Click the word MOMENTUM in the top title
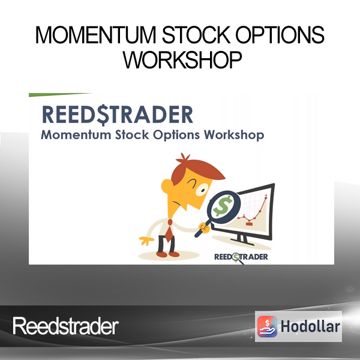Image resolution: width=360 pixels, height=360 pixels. (96, 35)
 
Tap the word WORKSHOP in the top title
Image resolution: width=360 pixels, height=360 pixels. (182, 59)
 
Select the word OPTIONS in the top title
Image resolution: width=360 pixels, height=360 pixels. (280, 35)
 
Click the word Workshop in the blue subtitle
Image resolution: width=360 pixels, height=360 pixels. (234, 135)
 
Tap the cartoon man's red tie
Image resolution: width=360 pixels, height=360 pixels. (169, 230)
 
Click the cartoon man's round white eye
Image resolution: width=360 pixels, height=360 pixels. (202, 190)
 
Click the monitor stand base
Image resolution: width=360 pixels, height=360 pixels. (242, 242)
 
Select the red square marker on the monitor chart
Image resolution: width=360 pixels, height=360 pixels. (249, 223)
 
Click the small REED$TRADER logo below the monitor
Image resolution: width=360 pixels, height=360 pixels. (241, 257)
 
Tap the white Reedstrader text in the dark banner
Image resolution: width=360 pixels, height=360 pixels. (65, 326)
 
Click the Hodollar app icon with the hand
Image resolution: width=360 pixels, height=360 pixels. (267, 326)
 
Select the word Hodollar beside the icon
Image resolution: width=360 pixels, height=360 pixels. (310, 326)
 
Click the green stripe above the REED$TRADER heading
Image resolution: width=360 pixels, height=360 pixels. (60, 95)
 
